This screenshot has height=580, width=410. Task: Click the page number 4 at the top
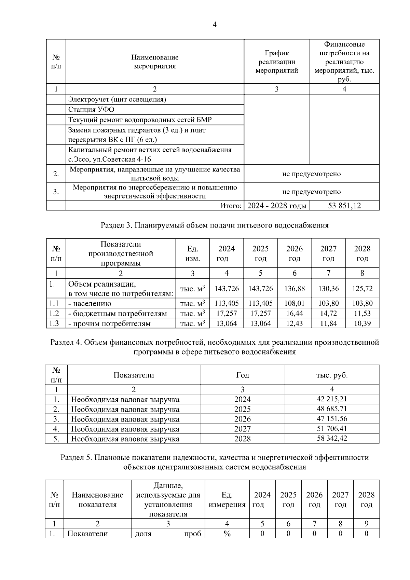tap(214, 25)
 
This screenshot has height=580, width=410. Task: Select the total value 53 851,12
tap(344, 206)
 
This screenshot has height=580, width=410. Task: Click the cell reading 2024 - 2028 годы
tap(277, 206)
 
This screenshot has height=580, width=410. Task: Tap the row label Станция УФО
tap(91, 109)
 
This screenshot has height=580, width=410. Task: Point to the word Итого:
tap(231, 206)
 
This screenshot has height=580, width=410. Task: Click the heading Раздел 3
tap(214, 225)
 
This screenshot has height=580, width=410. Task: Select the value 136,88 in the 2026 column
tap(294, 289)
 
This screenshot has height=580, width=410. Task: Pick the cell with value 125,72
tap(362, 289)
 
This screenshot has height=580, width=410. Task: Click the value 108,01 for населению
tap(294, 303)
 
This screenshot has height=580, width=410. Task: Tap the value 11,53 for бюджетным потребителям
tap(362, 313)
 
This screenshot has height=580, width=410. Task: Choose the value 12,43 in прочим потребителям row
tap(294, 323)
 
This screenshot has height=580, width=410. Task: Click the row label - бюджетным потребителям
tap(118, 313)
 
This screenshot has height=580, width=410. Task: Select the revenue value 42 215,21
tap(332, 399)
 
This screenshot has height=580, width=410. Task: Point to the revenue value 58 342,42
tap(332, 438)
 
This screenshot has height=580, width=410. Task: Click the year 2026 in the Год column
tap(242, 419)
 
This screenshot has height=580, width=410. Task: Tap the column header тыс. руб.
tap(332, 375)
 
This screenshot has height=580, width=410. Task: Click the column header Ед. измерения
tap(227, 500)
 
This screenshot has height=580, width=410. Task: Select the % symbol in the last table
tap(227, 534)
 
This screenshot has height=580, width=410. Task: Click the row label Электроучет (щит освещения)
tap(117, 99)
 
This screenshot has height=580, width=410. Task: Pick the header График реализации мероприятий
tap(277, 62)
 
